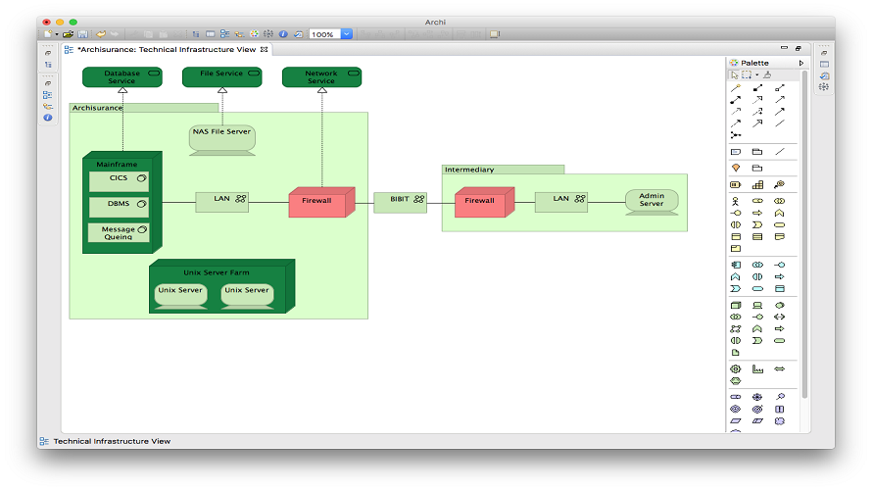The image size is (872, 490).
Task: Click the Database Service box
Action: point(122,77)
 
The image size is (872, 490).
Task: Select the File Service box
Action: point(221,77)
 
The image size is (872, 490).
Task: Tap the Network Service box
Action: point(322,77)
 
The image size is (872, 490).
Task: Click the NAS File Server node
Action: point(222,140)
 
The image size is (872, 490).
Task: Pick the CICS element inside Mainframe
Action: point(119,181)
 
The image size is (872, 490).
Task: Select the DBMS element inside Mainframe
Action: point(119,207)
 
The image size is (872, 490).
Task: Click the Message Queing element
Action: point(119,232)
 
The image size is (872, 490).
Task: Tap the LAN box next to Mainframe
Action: point(221,202)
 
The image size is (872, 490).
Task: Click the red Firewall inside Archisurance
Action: point(321,202)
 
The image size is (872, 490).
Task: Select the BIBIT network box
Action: point(401,203)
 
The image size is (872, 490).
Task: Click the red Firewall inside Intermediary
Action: point(484,202)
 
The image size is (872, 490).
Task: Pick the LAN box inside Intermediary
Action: point(561,202)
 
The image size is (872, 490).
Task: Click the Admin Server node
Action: point(652,202)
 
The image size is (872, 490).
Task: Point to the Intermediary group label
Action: point(469,170)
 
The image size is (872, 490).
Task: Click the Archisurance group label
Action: point(97,108)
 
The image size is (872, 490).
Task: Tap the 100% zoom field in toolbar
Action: point(324,34)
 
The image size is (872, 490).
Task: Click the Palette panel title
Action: point(754,63)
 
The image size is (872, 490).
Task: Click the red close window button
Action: point(47,23)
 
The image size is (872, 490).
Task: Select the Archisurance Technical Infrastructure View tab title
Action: point(167,50)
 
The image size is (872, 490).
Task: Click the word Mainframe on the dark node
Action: point(117,164)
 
